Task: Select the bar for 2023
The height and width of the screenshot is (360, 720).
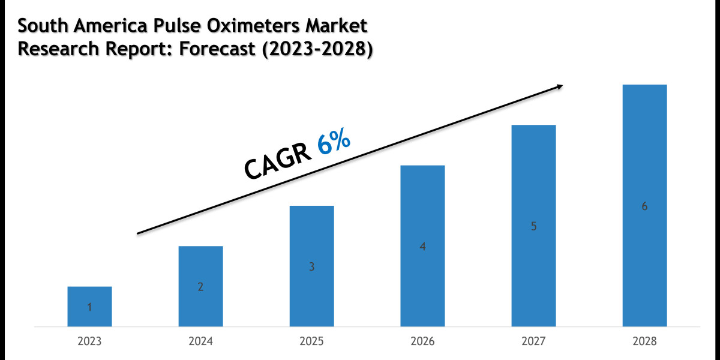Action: (89, 307)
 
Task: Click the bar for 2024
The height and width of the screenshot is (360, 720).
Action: (200, 286)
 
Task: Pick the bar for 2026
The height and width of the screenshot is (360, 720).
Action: (422, 246)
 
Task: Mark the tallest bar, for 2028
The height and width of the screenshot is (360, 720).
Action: (644, 205)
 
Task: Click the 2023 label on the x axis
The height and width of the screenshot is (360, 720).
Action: (89, 341)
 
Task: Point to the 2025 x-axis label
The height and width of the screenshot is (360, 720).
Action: (311, 341)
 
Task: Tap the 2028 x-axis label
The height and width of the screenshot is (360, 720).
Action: (644, 341)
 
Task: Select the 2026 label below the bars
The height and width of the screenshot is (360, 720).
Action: (422, 341)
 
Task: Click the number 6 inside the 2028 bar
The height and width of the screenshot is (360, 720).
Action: (644, 206)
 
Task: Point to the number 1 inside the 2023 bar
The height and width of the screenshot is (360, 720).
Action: (89, 307)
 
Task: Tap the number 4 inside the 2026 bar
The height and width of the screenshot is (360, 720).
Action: (422, 246)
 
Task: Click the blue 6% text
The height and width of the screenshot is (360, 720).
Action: (334, 146)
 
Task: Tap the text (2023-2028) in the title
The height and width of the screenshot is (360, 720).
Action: (314, 50)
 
